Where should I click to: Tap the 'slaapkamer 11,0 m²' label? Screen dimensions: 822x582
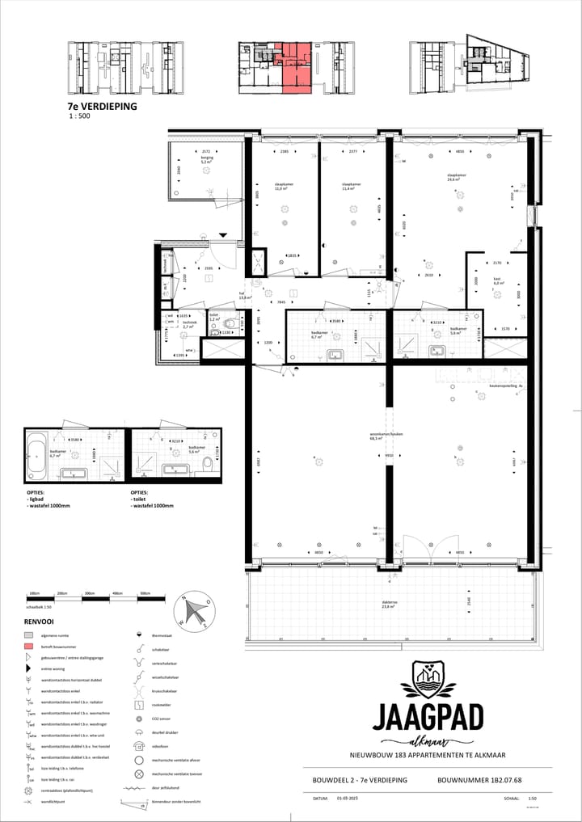(281, 187)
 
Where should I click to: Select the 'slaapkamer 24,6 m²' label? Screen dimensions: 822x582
(458, 178)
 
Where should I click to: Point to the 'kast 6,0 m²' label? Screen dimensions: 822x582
(499, 281)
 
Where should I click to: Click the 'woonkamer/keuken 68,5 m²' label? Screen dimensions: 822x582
(386, 437)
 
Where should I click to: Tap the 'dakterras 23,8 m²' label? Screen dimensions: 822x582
(394, 604)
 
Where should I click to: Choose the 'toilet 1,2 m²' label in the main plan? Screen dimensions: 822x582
(215, 318)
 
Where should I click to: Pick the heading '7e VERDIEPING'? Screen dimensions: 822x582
(102, 106)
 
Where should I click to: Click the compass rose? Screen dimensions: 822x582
(196, 611)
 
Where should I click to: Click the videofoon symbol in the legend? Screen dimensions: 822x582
(140, 748)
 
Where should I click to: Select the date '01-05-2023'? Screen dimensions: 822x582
(348, 796)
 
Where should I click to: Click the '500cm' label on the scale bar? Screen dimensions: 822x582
(145, 593)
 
